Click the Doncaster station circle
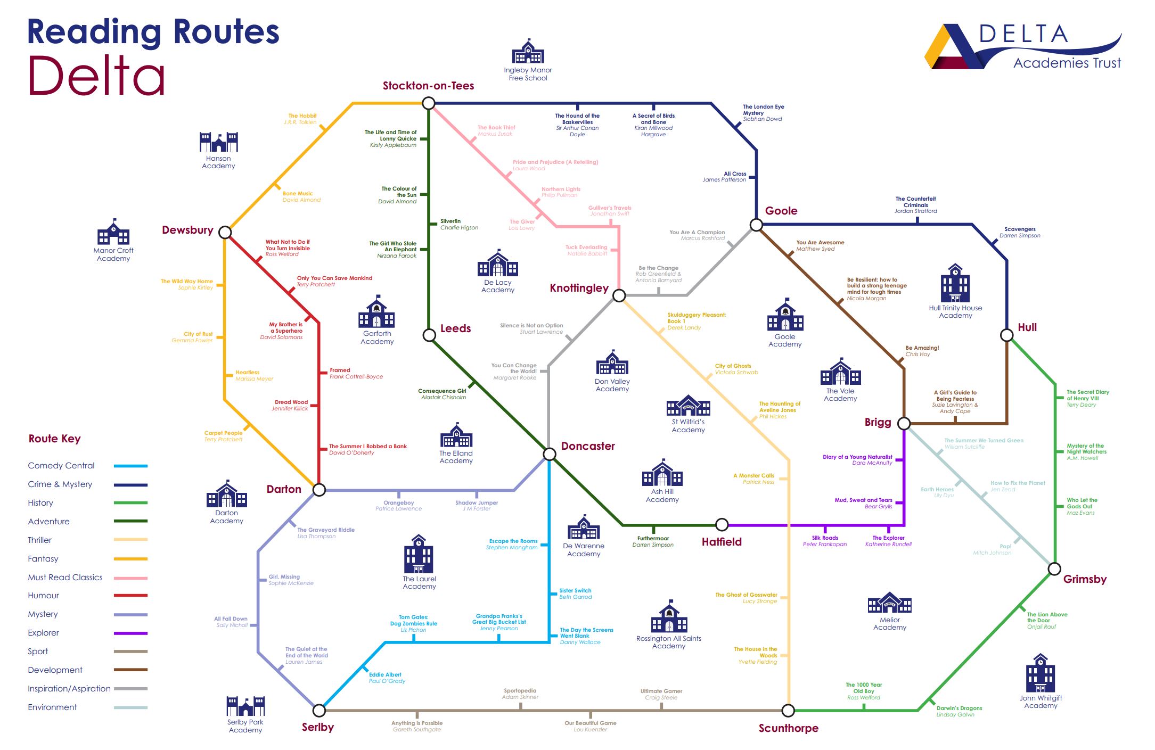point(550,454)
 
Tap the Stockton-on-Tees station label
point(428,86)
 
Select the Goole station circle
point(756,225)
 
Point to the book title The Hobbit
point(302,116)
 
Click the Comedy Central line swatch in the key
point(130,466)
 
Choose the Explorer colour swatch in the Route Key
point(130,633)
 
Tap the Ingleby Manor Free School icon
point(528,52)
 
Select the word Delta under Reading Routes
point(96,76)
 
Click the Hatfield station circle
point(722,525)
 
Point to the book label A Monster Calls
point(753,475)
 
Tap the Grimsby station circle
point(1054,569)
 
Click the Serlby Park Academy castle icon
point(245,706)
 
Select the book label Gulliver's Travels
point(610,208)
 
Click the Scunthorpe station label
point(788,728)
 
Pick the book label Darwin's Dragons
point(959,708)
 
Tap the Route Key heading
point(55,439)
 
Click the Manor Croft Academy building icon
point(113,232)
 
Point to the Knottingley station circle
point(619,295)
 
